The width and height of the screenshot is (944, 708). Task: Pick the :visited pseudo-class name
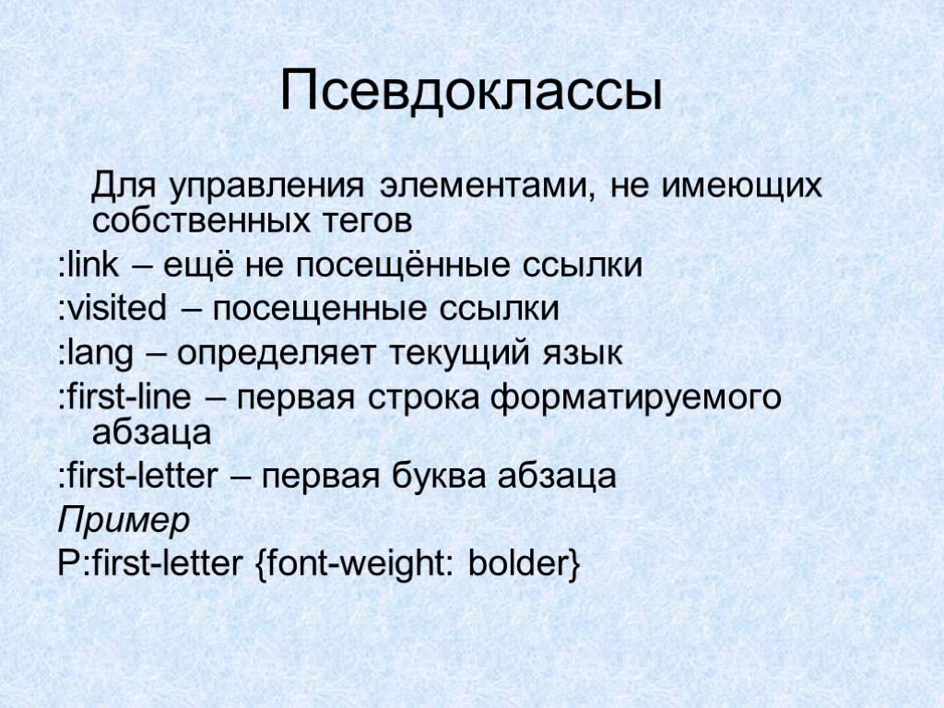[x=108, y=309]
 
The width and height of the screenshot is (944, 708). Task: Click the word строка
[x=427, y=398]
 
